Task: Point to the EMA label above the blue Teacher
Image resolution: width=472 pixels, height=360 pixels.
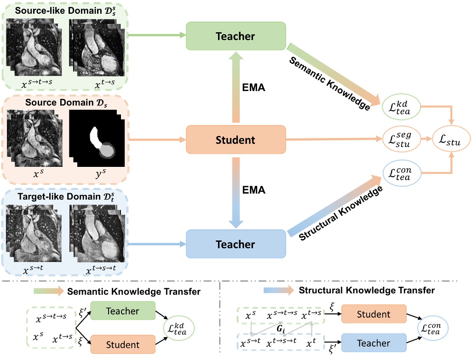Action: click(254, 190)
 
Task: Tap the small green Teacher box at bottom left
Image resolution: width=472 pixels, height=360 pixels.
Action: click(123, 311)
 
